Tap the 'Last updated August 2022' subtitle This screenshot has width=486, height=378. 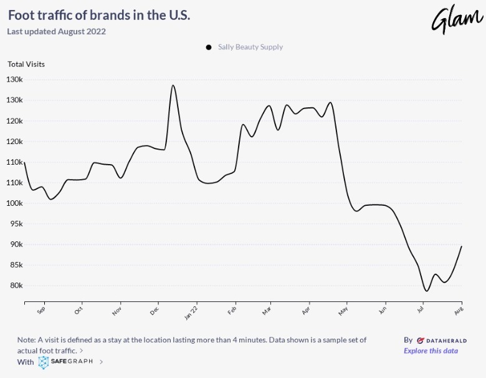tap(57, 31)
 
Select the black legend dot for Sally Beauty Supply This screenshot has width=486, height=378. tap(208, 47)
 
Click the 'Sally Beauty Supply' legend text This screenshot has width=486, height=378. tap(250, 47)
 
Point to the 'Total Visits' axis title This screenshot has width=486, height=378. tap(26, 64)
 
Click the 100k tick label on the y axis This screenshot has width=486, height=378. tap(14, 203)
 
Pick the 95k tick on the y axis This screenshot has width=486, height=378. tap(16, 224)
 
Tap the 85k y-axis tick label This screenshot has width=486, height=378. tap(16, 265)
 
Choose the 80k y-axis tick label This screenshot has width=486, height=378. tap(16, 286)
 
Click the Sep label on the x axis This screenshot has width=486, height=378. tap(41, 309)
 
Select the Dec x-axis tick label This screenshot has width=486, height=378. tap(155, 309)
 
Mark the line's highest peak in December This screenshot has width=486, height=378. tap(173, 85)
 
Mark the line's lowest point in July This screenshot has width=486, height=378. tap(426, 291)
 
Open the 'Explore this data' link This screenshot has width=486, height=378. tap(431, 351)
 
